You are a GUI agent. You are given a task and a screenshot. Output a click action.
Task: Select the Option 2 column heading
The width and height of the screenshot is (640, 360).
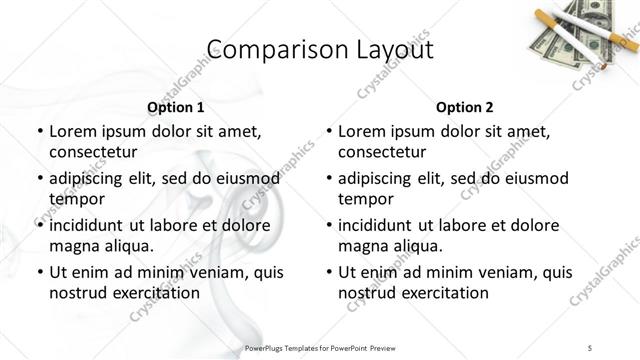(x=465, y=106)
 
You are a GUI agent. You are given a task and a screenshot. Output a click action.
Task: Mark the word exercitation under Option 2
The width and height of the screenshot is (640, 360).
(x=441, y=293)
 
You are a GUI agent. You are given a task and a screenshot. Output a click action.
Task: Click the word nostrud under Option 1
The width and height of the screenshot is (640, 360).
(x=77, y=293)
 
